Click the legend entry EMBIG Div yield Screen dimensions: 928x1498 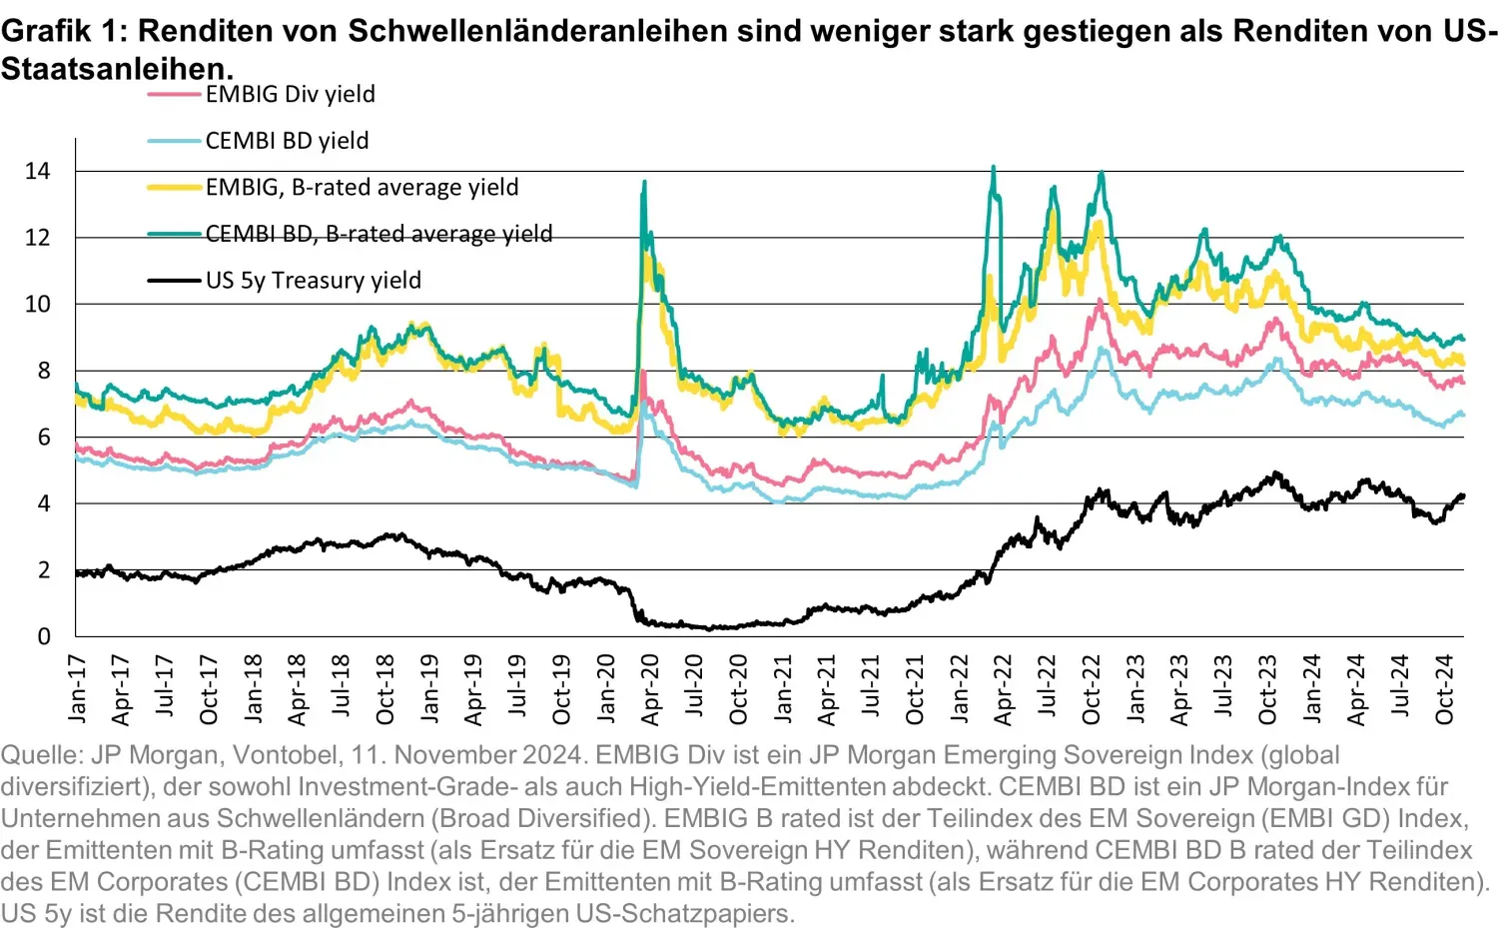[x=290, y=94]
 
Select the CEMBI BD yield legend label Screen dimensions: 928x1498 [x=287, y=141]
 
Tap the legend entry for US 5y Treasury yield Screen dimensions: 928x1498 [x=313, y=281]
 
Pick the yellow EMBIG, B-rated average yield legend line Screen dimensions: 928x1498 [x=175, y=187]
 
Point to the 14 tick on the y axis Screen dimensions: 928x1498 [x=37, y=171]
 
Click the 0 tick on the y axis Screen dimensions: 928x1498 [x=43, y=636]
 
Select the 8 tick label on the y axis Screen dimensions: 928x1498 [x=43, y=371]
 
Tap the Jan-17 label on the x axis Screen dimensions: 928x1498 [x=78, y=688]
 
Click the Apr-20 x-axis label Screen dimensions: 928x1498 [x=651, y=688]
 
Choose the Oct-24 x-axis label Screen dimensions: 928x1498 [x=1445, y=688]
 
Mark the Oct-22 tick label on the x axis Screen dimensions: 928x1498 [x=1092, y=688]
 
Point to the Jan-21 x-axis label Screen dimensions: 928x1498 [x=784, y=688]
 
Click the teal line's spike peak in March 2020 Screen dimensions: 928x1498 [x=644, y=182]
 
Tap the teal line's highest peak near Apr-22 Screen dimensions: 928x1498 [x=993, y=168]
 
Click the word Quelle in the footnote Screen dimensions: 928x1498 [x=40, y=754]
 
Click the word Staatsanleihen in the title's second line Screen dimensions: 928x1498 [x=116, y=68]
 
